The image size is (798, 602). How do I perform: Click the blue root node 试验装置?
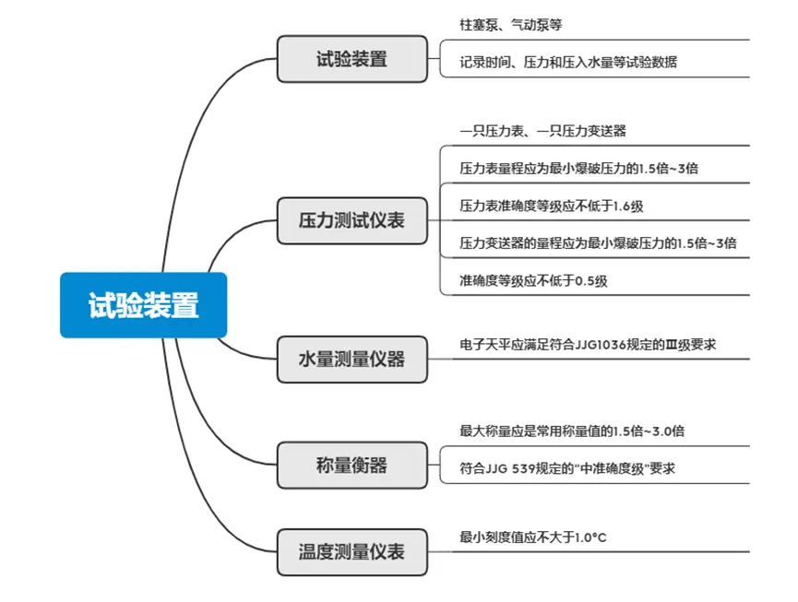[x=144, y=305]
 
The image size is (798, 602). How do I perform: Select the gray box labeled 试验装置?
[x=352, y=59]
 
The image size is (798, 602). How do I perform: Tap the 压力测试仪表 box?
[x=352, y=220]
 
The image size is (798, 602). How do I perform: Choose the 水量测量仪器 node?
[x=352, y=359]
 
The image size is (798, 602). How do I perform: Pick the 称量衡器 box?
[x=352, y=466]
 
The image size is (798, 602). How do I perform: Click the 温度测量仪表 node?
[x=352, y=552]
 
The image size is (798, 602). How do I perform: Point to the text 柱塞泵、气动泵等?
[x=511, y=24]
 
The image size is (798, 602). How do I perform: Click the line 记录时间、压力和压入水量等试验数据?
[x=568, y=62]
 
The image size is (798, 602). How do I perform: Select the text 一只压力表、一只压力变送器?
[x=542, y=131]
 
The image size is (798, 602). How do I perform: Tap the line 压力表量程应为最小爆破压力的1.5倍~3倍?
[x=578, y=169]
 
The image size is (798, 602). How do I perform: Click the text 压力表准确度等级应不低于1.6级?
[x=551, y=206]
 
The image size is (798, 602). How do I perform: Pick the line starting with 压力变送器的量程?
[x=598, y=243]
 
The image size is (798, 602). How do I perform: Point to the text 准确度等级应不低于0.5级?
[x=533, y=280]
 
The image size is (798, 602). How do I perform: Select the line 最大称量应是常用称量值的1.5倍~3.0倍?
[x=572, y=431]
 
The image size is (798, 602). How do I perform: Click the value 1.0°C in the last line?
[x=590, y=537]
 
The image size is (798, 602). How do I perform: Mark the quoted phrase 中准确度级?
[x=613, y=468]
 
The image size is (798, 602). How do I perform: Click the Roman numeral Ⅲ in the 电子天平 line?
[x=672, y=345]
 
